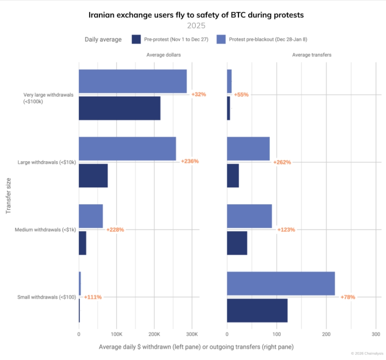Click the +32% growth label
click(x=199, y=95)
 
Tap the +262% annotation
click(x=282, y=162)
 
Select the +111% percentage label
click(x=93, y=297)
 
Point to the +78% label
click(x=348, y=297)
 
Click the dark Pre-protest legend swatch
click(x=136, y=39)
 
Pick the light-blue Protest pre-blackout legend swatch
click(x=221, y=39)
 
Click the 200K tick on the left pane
click(x=154, y=334)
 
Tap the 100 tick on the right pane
click(x=277, y=334)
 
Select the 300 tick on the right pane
click(x=376, y=334)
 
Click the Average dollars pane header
click(x=164, y=55)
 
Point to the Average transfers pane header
click(x=311, y=55)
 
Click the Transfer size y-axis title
click(x=8, y=196)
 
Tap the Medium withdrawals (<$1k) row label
click(x=45, y=229)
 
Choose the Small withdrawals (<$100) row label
click(x=47, y=297)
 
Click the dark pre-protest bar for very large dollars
click(x=120, y=108)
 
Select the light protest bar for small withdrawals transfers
click(x=281, y=283)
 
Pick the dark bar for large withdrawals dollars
click(x=93, y=176)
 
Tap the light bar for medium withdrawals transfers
click(x=250, y=216)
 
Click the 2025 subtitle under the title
click(x=196, y=26)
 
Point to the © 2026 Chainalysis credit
click(x=367, y=353)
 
